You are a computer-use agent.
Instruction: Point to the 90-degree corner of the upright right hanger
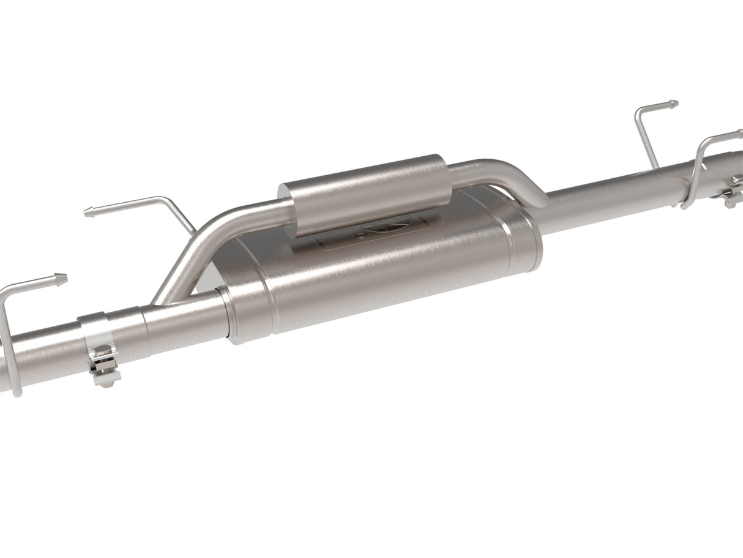(x=640, y=113)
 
